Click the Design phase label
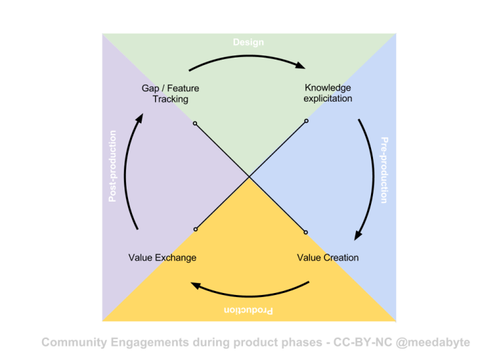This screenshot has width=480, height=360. click(x=248, y=42)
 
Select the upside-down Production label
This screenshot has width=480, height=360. click(x=248, y=311)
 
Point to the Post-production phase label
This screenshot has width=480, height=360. click(x=113, y=166)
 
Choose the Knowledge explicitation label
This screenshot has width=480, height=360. click(x=328, y=93)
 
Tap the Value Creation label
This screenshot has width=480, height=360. click(x=328, y=258)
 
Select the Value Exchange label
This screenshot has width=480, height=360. click(x=162, y=258)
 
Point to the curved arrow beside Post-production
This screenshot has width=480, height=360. click(x=131, y=171)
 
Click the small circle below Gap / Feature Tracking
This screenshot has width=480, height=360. click(x=195, y=124)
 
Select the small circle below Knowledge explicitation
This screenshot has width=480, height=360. click(x=306, y=121)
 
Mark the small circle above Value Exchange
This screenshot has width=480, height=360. click(x=195, y=229)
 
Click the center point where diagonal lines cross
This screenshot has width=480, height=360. click(x=250, y=177)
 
